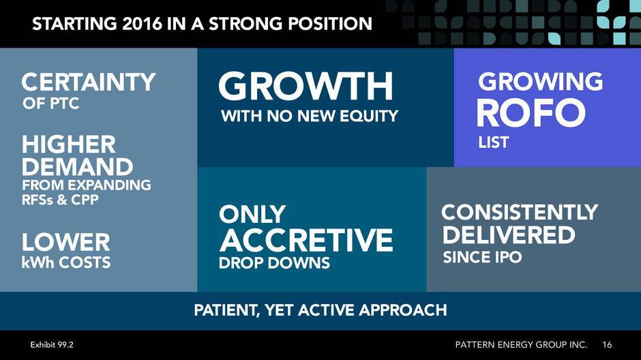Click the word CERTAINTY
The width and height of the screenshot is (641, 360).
[x=88, y=82]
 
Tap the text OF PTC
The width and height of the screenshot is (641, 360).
[x=50, y=104]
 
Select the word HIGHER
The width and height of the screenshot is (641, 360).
[x=69, y=145]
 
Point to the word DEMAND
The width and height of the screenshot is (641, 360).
[x=77, y=167]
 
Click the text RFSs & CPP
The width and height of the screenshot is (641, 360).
[x=60, y=200]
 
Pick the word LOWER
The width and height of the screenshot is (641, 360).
[x=66, y=242]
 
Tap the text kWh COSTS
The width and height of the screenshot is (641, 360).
[x=66, y=262]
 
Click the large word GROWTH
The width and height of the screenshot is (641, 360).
[x=305, y=86]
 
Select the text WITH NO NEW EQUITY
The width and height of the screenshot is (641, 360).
[x=310, y=116]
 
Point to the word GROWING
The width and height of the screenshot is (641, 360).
[x=541, y=81]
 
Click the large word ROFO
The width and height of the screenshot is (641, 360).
[x=531, y=113]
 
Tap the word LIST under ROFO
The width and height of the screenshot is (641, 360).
[x=494, y=142]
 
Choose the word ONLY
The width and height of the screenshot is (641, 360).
[x=252, y=214]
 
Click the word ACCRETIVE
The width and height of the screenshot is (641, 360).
[x=306, y=240]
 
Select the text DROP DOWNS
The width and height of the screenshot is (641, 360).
[x=274, y=262]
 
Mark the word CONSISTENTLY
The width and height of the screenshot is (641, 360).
[x=520, y=213]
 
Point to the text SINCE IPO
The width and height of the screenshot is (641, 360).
[x=482, y=258]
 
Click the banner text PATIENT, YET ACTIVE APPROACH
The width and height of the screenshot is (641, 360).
[x=320, y=310]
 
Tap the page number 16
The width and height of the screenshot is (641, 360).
[x=607, y=345]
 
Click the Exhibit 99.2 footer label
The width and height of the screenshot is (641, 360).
[x=52, y=345]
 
